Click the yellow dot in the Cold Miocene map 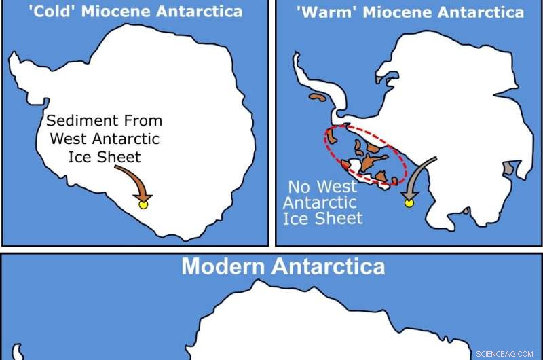pos(143,203)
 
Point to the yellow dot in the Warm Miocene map pos(409,202)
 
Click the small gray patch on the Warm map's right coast pos(507,167)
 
